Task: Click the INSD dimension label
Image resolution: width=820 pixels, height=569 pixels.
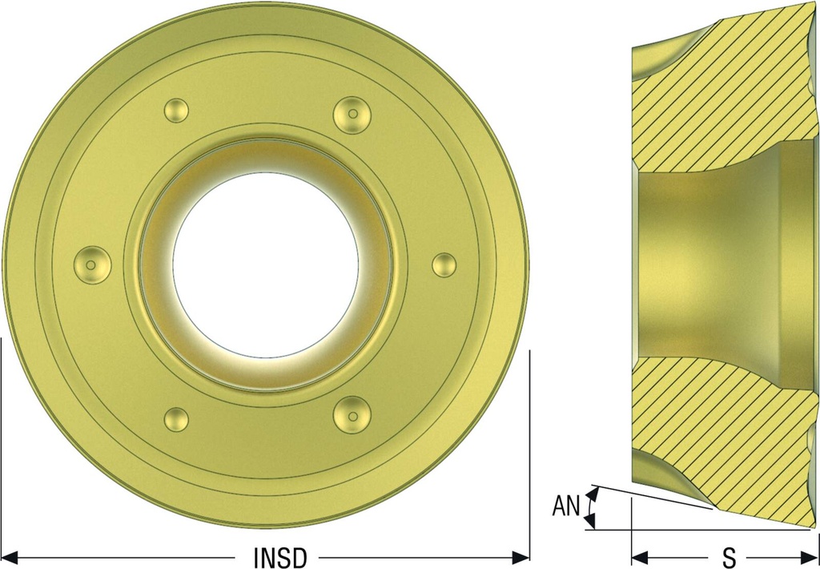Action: point(279,558)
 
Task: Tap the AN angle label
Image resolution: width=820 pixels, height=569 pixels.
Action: point(567,506)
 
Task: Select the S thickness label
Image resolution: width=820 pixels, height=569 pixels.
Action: point(729,558)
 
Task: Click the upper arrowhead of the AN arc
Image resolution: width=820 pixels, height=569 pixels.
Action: point(592,493)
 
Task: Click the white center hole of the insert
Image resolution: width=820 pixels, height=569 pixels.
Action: point(266,265)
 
